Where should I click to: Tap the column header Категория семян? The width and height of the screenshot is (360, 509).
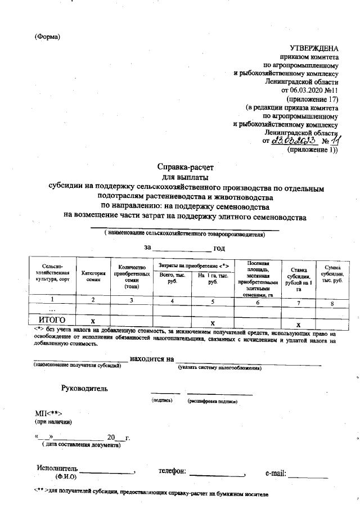[x=93, y=276]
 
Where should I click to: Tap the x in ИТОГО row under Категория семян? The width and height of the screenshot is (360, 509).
[x=93, y=319]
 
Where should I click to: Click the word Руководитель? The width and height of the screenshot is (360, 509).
[x=85, y=388]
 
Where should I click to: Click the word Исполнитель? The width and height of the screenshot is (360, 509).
[x=57, y=469]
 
